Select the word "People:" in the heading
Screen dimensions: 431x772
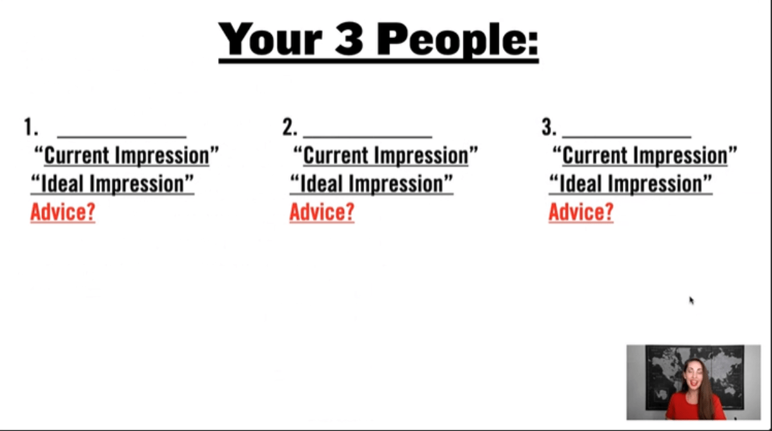(x=457, y=39)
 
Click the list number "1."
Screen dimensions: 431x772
(x=30, y=128)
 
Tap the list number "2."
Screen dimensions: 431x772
(x=290, y=128)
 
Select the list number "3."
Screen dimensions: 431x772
(x=549, y=128)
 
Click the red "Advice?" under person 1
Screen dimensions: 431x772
(x=63, y=212)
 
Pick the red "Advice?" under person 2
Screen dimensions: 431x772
(x=321, y=212)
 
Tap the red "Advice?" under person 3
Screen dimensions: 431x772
(x=581, y=212)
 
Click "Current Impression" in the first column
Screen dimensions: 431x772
(x=127, y=156)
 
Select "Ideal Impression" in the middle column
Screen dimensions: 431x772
(x=371, y=185)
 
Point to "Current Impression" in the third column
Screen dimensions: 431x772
(x=645, y=156)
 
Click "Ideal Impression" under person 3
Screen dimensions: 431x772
(x=631, y=185)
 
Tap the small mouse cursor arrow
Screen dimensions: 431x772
(x=691, y=300)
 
